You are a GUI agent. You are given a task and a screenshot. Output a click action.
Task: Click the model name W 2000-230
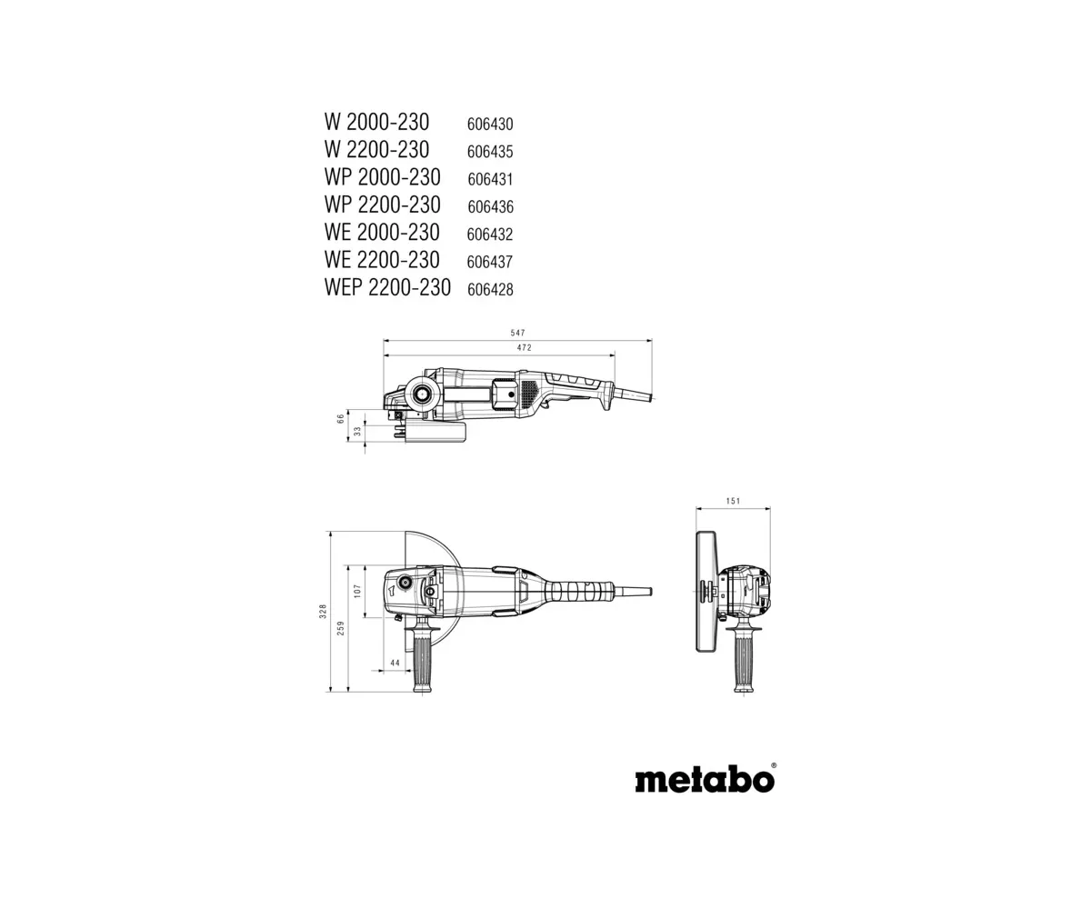(376, 123)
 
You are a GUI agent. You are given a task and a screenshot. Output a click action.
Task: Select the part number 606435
(490, 152)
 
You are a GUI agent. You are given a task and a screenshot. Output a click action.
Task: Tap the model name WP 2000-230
(382, 177)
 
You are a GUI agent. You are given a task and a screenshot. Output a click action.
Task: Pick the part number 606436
(491, 207)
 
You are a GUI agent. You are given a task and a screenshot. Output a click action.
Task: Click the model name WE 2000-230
(382, 233)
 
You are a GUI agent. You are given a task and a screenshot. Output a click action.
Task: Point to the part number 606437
(490, 262)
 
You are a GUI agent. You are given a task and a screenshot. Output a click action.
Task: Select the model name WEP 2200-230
(387, 288)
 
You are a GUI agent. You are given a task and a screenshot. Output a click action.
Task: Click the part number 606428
(491, 289)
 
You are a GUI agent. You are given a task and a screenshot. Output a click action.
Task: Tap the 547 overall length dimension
(518, 333)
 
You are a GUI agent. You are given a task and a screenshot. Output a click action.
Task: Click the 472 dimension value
(524, 347)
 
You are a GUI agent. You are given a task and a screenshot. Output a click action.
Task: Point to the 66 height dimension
(341, 418)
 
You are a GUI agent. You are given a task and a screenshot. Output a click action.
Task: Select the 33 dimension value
(357, 431)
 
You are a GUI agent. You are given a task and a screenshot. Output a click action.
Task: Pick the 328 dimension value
(323, 612)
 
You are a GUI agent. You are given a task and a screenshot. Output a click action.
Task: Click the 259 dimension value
(341, 628)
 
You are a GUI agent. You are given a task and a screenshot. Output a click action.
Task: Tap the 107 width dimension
(357, 591)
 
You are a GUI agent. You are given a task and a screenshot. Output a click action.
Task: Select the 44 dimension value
(395, 663)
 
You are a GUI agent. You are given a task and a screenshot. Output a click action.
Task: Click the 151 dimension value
(733, 501)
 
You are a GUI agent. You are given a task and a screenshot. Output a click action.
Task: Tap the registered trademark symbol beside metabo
(774, 765)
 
